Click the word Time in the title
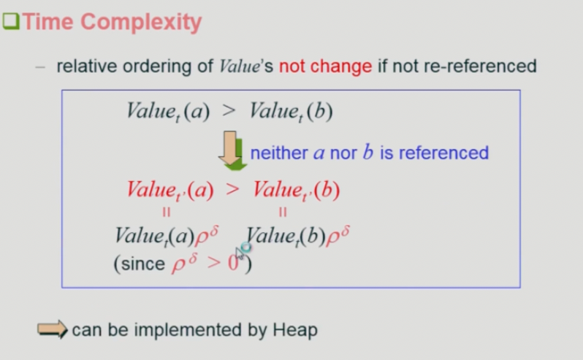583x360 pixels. pos(48,22)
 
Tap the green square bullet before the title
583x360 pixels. pos(11,21)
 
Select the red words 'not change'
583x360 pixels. pos(325,66)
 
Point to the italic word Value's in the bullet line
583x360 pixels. pos(246,66)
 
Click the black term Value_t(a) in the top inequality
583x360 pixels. pos(168,111)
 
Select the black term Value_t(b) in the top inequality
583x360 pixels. pos(291,111)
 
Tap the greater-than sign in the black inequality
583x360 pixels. pos(229,110)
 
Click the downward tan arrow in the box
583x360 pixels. pos(230,148)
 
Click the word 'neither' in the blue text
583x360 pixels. pos(279,153)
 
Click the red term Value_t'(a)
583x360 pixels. pos(170,190)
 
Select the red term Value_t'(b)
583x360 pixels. pos(297,190)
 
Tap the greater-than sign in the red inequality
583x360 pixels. pos(233,189)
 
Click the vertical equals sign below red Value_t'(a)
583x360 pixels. pos(166,212)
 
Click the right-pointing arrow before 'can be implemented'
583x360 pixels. pos(53,329)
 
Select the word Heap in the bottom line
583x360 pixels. pos(295,330)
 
